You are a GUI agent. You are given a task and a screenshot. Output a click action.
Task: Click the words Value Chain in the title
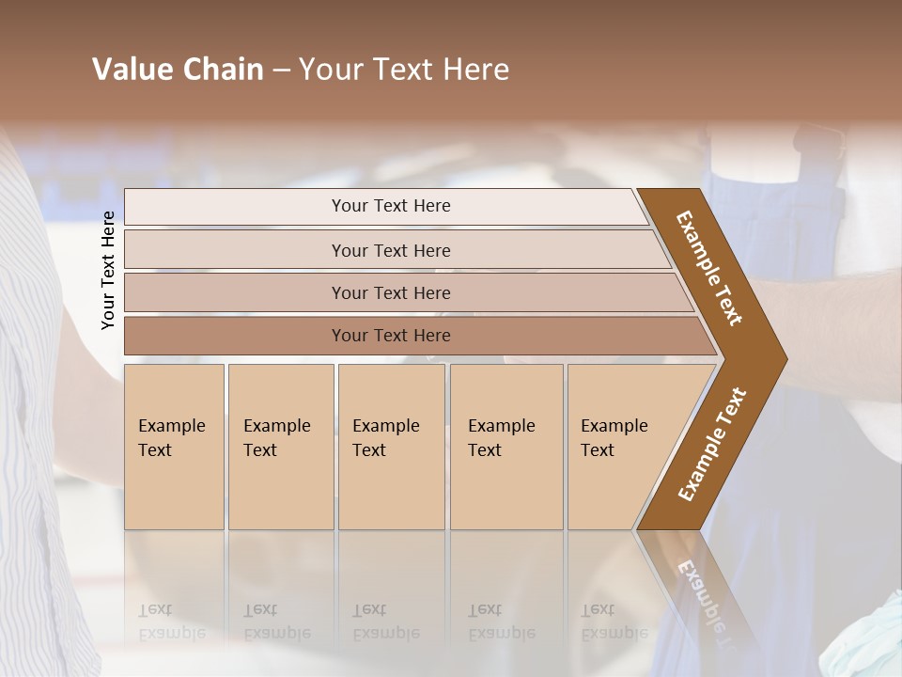(178, 70)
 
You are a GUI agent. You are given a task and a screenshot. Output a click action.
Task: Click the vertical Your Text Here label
(109, 270)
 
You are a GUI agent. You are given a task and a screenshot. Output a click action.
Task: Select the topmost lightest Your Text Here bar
(390, 206)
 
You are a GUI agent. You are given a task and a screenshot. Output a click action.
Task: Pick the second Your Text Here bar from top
(390, 250)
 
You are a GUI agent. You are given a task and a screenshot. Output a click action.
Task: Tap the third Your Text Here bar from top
(390, 292)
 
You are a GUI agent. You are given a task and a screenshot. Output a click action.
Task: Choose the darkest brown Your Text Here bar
(390, 336)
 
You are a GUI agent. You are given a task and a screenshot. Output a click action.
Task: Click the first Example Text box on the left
(174, 447)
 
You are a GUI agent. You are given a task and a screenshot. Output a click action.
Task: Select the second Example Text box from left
(280, 447)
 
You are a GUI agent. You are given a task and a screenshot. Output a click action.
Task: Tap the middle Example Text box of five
(391, 447)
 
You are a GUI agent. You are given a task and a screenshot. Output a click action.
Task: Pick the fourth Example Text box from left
(505, 447)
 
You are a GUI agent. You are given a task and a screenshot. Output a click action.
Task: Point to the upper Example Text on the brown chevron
(710, 268)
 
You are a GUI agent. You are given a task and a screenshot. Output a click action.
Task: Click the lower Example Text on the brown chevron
(712, 444)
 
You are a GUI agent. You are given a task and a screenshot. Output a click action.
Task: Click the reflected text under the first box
(171, 622)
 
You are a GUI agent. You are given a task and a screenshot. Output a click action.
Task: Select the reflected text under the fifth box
(614, 622)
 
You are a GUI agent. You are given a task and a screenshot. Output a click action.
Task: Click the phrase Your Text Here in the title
(404, 70)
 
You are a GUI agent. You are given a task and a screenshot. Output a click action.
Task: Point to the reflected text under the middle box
(385, 622)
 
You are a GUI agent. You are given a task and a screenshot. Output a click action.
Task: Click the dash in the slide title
(281, 70)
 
